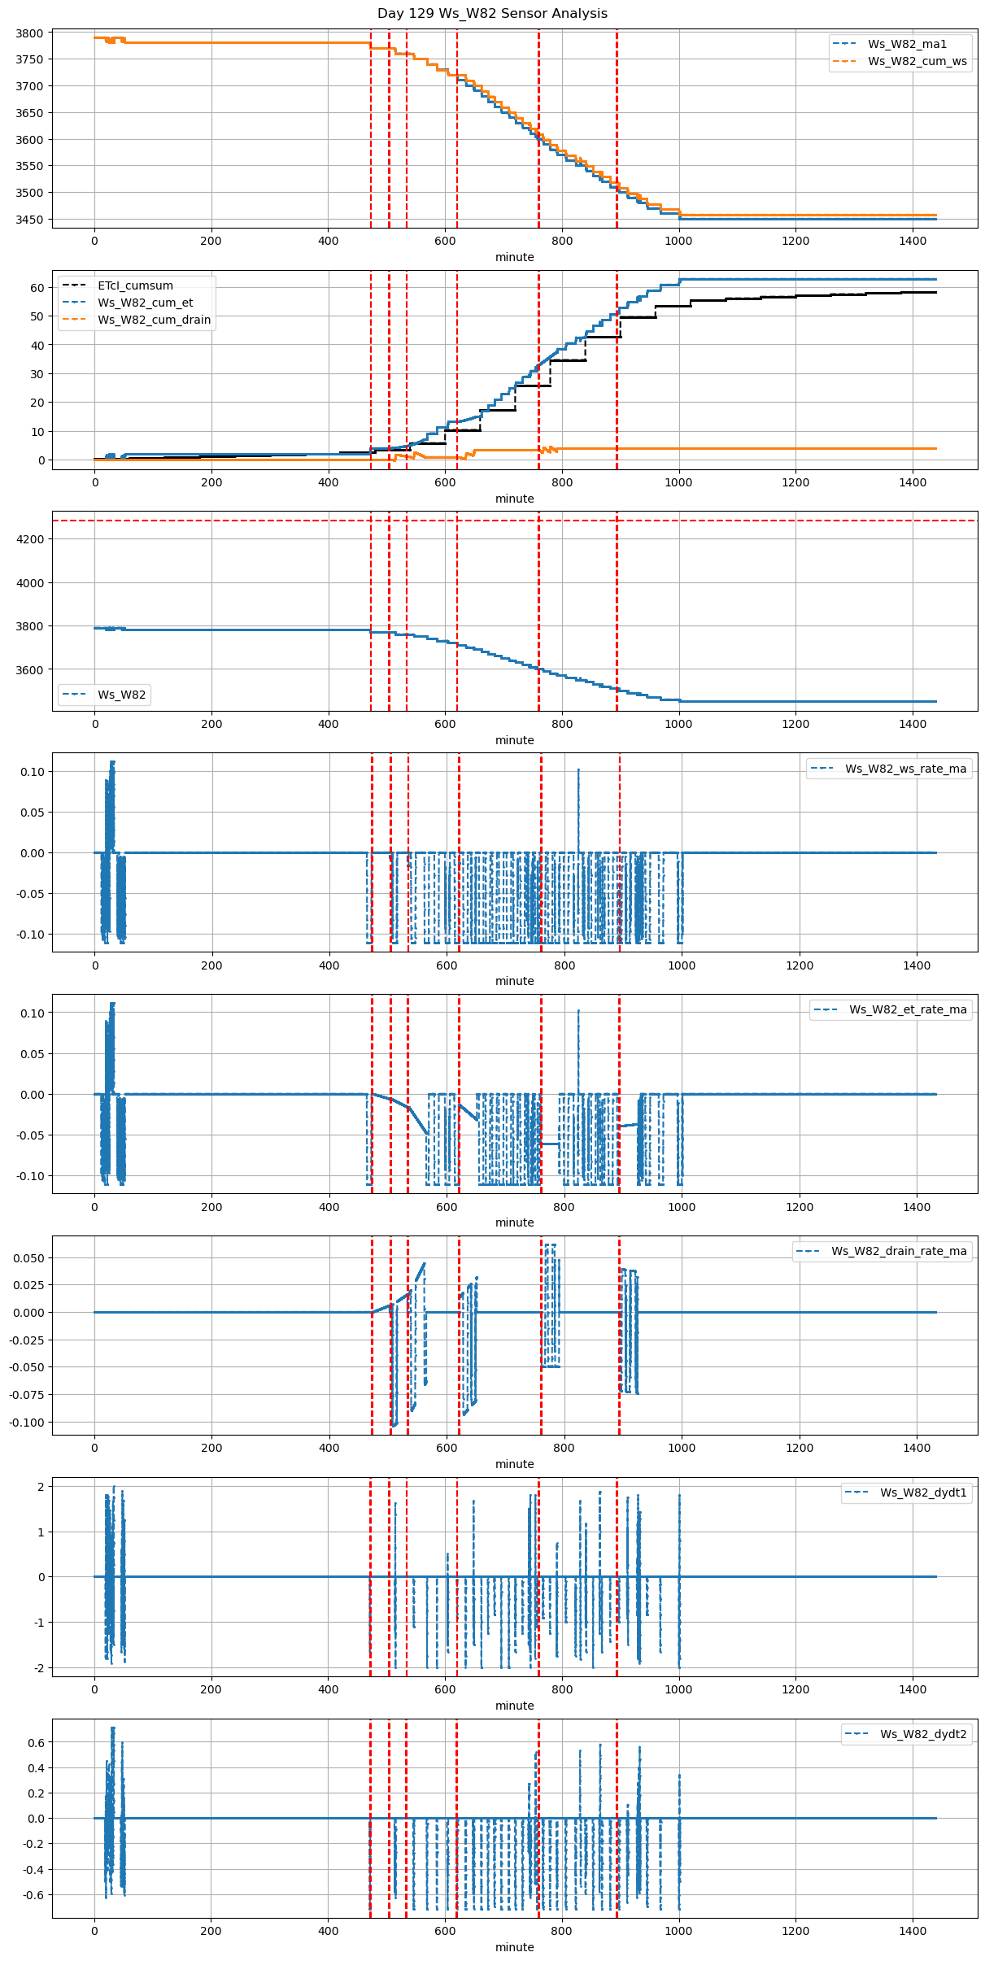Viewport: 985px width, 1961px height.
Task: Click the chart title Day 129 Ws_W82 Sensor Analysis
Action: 492,14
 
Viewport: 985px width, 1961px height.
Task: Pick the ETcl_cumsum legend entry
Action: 135,285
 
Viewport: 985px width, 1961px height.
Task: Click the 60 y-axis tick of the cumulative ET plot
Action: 37,288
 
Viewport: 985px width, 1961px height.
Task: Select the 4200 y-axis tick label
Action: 29,539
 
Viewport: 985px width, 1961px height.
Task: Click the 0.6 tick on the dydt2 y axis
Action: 36,1743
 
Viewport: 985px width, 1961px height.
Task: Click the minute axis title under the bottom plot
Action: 515,1947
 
